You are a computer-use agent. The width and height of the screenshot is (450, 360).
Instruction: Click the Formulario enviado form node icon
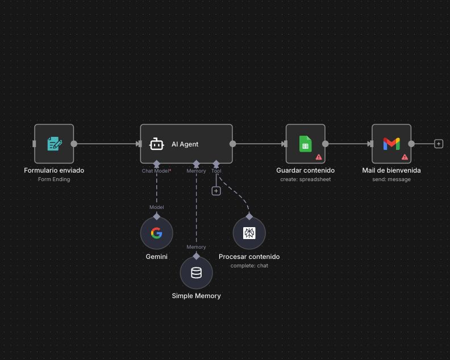[54, 144]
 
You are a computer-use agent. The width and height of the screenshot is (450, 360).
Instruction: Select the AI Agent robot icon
[157, 144]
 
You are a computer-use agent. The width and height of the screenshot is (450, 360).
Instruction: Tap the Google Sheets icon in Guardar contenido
[305, 144]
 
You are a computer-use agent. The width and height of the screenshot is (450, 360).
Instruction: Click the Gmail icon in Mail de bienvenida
[391, 144]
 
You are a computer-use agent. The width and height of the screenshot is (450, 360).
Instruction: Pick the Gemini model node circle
[156, 233]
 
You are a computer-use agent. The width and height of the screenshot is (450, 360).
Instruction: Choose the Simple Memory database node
[196, 273]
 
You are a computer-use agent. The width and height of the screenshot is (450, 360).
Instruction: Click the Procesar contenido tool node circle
[249, 233]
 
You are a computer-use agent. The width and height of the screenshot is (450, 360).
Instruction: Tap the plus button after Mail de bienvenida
[439, 144]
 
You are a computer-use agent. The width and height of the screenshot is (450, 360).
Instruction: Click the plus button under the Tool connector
[216, 191]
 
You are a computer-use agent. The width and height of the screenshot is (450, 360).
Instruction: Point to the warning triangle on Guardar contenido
[319, 157]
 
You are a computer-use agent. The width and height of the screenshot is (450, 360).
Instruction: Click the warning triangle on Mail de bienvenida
[405, 157]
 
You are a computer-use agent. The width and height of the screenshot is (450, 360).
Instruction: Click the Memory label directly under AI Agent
[196, 170]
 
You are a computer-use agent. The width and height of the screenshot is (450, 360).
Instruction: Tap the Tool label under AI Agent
[216, 170]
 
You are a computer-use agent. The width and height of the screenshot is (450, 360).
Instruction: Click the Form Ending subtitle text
[54, 179]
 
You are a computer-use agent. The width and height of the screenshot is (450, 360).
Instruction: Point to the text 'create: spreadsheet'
[305, 179]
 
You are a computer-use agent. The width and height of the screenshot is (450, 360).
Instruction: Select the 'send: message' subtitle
[391, 179]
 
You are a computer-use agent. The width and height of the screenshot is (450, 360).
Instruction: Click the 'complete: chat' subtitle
[249, 266]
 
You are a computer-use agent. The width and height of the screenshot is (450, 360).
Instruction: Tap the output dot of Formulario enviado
[74, 144]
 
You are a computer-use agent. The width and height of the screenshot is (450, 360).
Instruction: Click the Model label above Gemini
[156, 207]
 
